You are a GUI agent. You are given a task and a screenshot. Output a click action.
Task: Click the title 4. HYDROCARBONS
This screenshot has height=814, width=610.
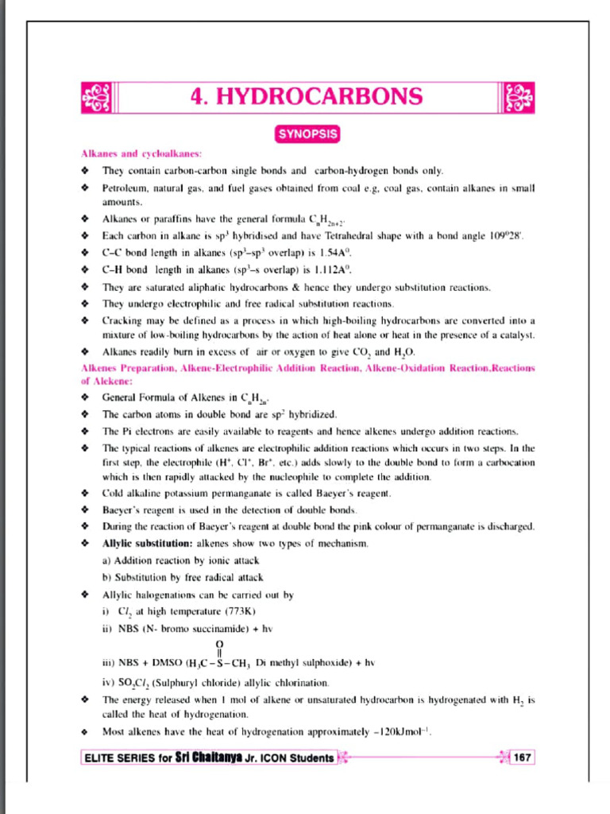(x=306, y=96)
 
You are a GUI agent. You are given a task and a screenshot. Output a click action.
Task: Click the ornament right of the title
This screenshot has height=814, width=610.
(x=519, y=97)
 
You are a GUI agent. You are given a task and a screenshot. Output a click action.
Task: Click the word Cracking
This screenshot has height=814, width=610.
(x=122, y=320)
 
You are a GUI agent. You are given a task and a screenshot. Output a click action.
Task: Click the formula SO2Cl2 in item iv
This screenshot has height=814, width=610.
(x=135, y=683)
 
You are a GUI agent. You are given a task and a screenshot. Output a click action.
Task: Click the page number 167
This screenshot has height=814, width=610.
(x=522, y=758)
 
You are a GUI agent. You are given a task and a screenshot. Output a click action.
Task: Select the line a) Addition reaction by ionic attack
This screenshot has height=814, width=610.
(x=181, y=560)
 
